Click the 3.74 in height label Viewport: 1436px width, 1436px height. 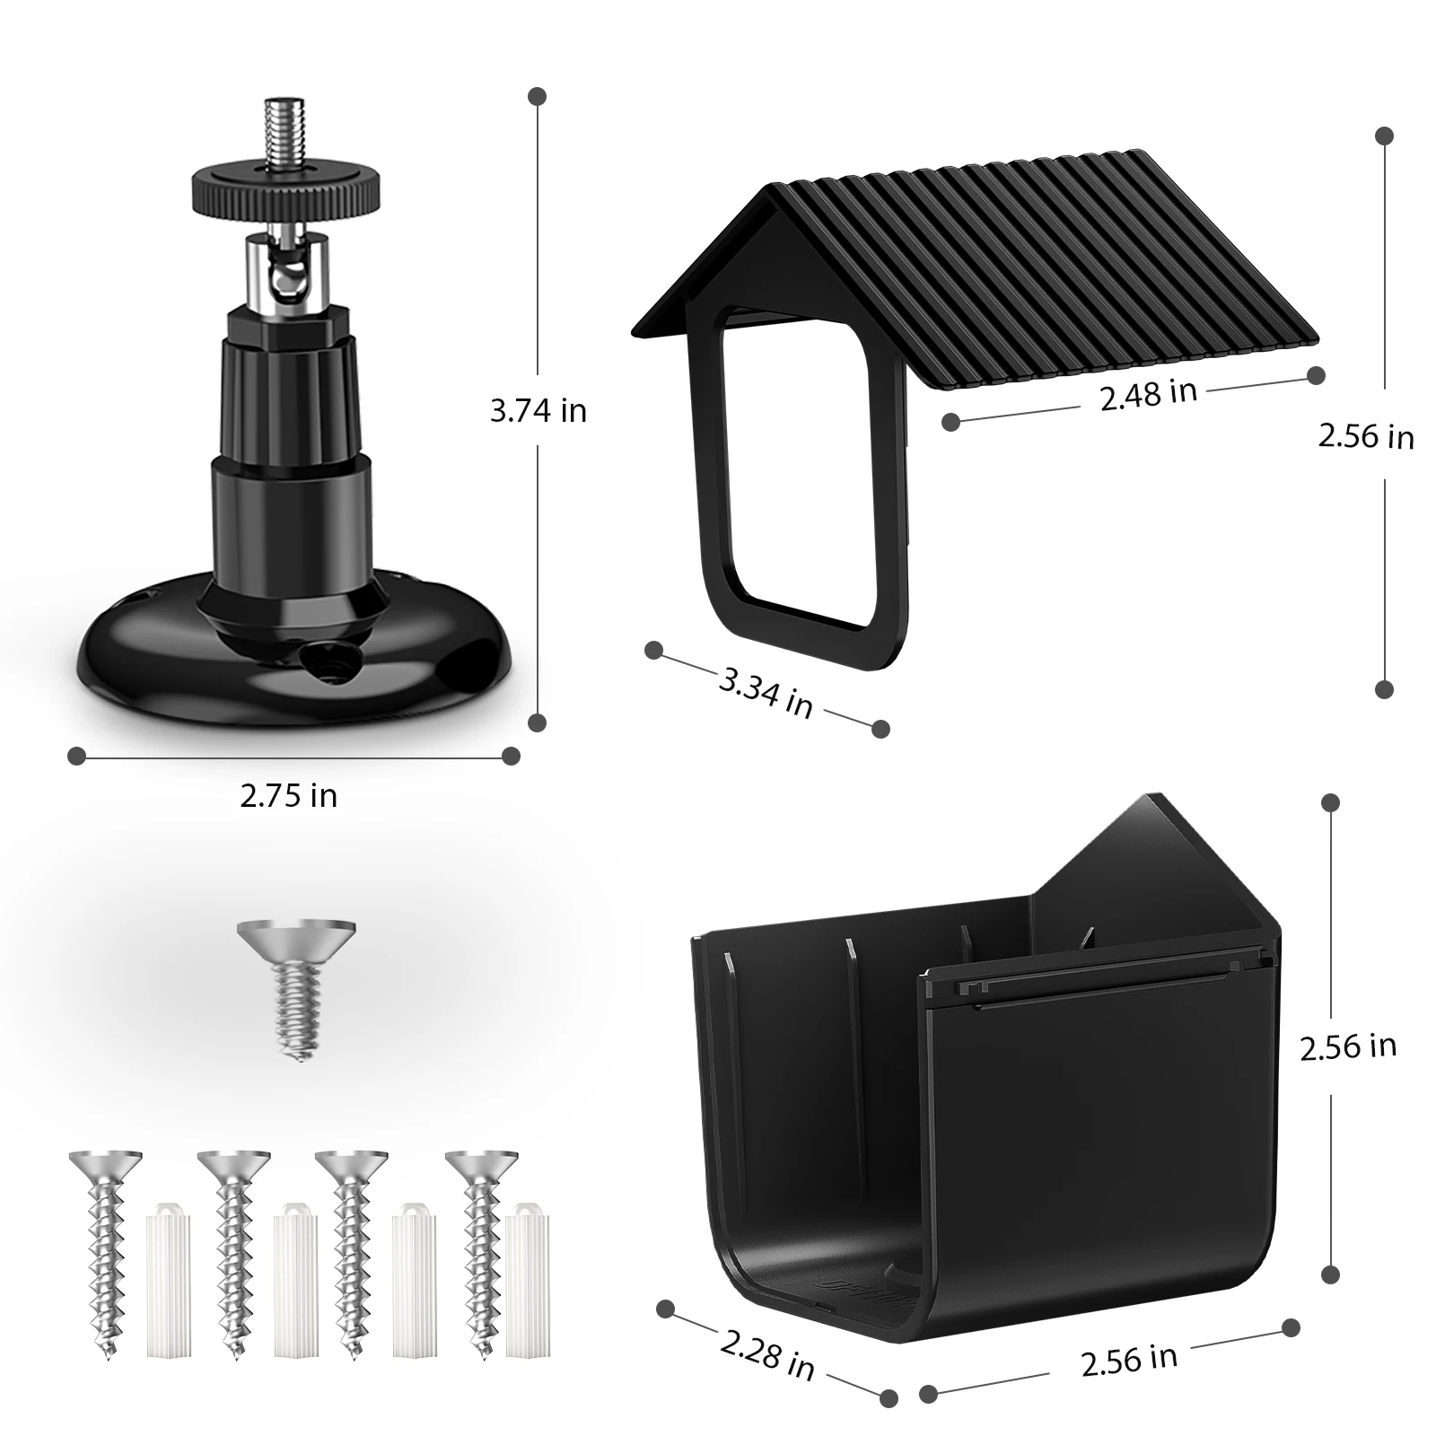pyautogui.click(x=538, y=411)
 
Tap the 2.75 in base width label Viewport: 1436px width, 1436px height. pyautogui.click(x=289, y=795)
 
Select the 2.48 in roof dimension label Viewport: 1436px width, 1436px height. pyautogui.click(x=1149, y=395)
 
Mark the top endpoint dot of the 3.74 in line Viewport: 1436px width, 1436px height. pyautogui.click(x=538, y=95)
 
